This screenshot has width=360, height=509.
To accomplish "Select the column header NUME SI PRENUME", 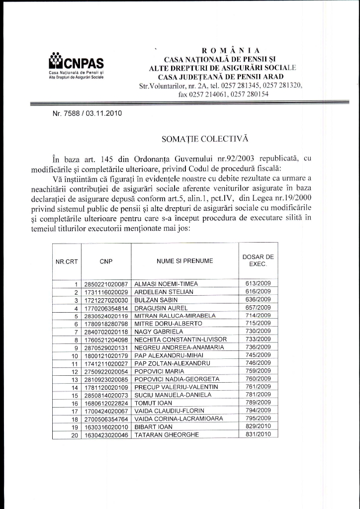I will point(184,260).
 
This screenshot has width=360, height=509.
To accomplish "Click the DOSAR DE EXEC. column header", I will point(258,260).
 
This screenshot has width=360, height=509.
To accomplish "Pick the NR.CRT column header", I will point(67,260).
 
